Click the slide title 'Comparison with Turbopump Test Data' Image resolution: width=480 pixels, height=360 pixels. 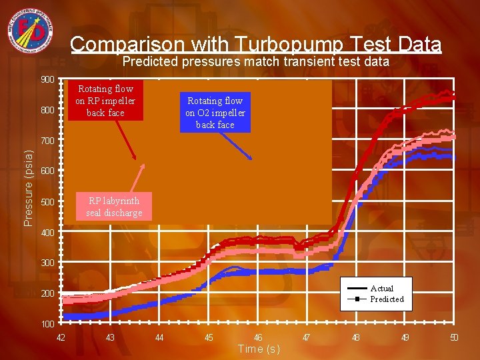[255, 44]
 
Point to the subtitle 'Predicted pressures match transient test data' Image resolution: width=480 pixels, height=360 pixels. [256, 62]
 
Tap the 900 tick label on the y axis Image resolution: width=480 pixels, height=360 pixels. [47, 80]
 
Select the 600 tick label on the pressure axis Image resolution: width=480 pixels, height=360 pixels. [47, 171]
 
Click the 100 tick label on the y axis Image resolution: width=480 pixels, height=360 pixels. [47, 324]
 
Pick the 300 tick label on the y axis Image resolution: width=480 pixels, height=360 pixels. [47, 263]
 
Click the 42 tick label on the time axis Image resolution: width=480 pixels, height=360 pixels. [61, 337]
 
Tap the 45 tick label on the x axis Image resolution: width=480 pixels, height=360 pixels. [209, 337]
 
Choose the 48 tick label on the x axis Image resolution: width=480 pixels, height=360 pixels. [356, 337]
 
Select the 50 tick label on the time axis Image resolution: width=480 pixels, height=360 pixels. [454, 337]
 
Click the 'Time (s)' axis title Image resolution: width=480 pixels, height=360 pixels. [259, 349]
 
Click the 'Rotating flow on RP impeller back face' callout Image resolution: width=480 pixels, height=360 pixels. [105, 101]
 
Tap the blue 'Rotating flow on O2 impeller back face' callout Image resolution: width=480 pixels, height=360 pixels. [215, 112]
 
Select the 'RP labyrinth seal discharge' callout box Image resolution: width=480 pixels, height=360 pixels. [113, 207]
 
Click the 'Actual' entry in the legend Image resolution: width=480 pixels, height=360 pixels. [382, 289]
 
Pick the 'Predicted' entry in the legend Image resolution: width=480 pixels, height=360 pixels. [387, 299]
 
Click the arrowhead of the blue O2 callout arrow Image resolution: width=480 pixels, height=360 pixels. [251, 159]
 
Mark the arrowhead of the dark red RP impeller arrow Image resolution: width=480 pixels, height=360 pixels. [139, 159]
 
